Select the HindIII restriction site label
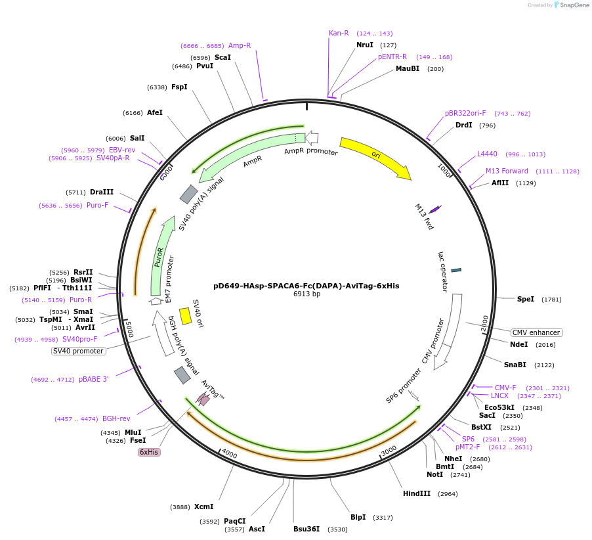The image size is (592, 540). [x=417, y=493]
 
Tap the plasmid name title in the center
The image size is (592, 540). [x=306, y=286]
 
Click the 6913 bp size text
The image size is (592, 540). [x=307, y=294]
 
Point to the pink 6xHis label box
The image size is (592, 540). [x=148, y=452]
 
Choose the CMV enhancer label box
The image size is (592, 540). [x=536, y=332]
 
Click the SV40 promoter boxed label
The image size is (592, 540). [x=78, y=351]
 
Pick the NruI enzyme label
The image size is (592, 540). [x=365, y=45]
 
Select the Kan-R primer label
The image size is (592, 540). [x=339, y=33]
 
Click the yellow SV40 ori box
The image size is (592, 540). [x=186, y=316]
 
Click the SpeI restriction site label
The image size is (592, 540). [x=526, y=299]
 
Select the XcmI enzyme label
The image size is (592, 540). [x=204, y=506]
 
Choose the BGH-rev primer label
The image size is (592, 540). [x=116, y=418]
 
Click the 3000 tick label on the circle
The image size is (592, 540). [x=389, y=449]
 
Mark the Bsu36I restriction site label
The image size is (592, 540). [x=307, y=529]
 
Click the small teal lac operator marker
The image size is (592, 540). [x=456, y=269]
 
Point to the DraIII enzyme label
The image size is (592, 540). [x=102, y=192]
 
